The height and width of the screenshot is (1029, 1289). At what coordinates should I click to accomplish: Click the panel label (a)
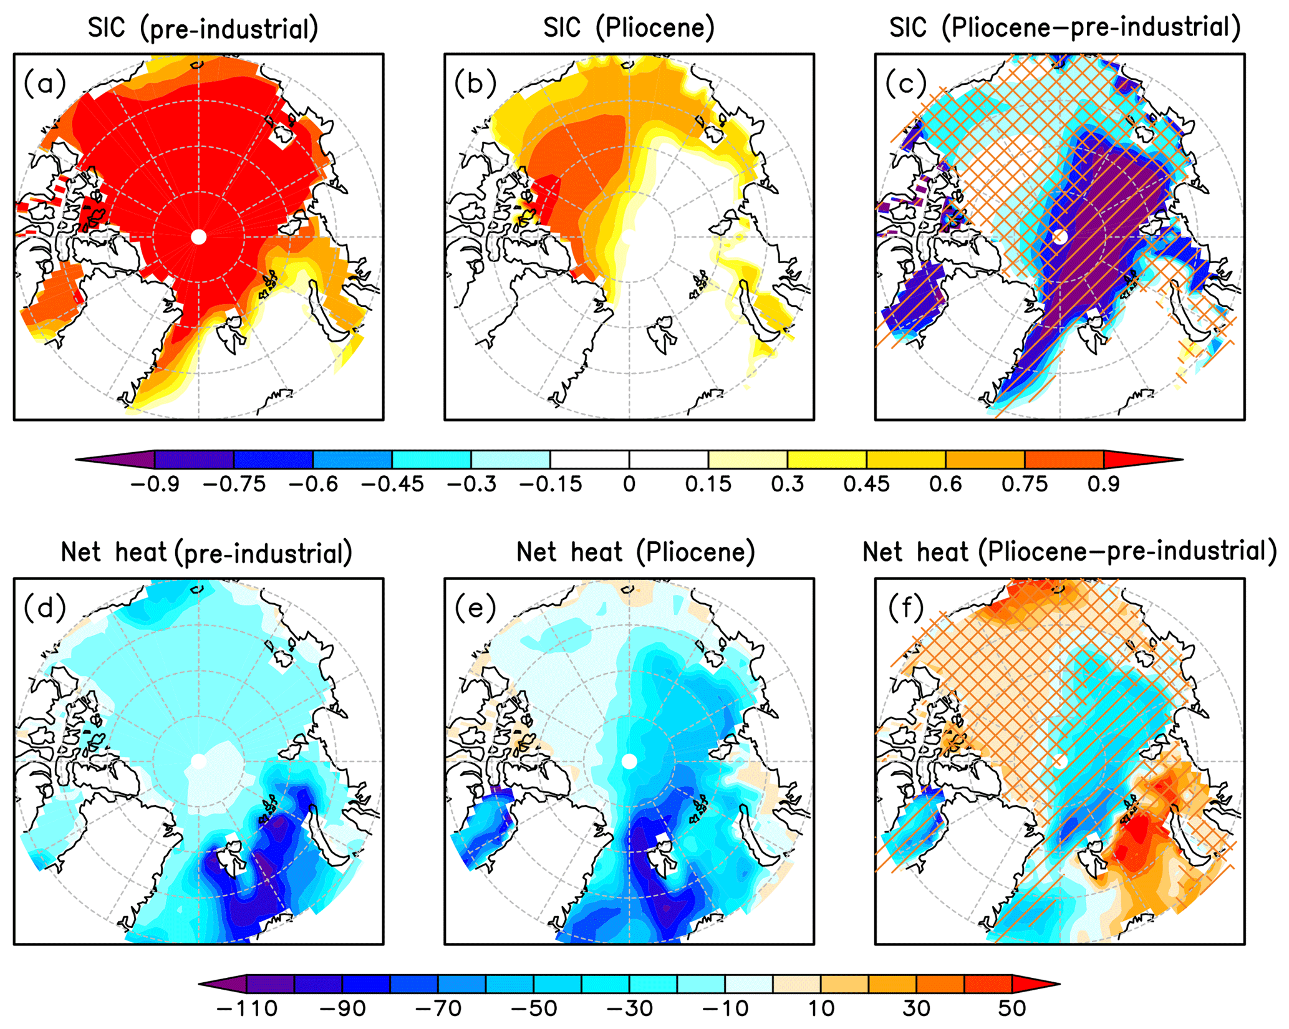tap(45, 84)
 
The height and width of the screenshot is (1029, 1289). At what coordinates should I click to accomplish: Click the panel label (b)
tap(475, 84)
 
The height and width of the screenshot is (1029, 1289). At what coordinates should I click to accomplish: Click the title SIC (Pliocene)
tap(629, 29)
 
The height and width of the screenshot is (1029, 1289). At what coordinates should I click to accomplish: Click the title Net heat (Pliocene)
tap(635, 553)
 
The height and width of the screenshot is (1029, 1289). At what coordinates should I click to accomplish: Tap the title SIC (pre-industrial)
tap(203, 29)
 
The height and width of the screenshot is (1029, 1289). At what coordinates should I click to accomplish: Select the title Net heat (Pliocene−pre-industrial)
tap(1069, 553)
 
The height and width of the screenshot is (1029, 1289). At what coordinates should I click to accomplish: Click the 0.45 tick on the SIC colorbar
tap(866, 484)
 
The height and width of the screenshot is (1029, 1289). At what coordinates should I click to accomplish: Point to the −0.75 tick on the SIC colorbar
tap(234, 484)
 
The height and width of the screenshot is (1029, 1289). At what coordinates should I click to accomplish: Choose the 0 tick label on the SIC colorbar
tap(629, 484)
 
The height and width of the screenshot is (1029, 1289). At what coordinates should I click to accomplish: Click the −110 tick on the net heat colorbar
tap(247, 1008)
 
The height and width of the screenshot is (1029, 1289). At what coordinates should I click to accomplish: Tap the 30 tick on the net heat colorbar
tap(916, 1008)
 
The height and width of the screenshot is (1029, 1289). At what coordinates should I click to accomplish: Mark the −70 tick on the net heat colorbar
tap(438, 1008)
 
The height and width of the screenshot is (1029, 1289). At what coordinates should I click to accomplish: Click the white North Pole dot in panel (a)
tap(198, 237)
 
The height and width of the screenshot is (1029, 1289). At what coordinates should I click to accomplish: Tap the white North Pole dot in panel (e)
tap(629, 761)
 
